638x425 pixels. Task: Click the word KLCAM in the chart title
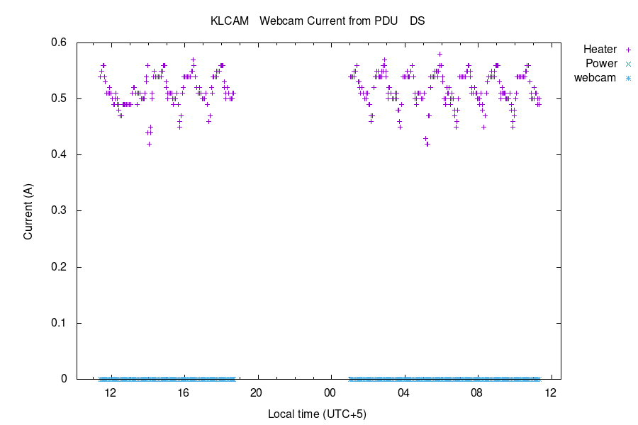(x=230, y=21)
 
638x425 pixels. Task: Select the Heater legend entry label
(x=600, y=50)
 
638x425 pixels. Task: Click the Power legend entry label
(x=601, y=64)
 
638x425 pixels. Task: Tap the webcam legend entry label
(x=595, y=78)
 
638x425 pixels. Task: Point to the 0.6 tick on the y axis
(x=58, y=42)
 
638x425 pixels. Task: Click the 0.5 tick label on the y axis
(x=58, y=98)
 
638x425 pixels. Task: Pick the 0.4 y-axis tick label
(x=58, y=154)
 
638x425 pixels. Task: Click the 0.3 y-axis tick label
(x=58, y=210)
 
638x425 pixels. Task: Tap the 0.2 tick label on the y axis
(x=58, y=267)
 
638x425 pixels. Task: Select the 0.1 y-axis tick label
(x=58, y=323)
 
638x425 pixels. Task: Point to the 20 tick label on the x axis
(x=257, y=392)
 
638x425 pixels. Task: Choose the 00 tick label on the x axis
(x=330, y=392)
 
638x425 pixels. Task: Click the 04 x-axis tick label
(x=404, y=392)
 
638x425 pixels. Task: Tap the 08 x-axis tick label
(x=477, y=392)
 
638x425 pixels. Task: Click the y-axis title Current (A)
(x=28, y=210)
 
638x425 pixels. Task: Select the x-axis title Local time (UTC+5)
(x=317, y=413)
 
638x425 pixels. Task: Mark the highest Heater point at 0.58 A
(x=440, y=54)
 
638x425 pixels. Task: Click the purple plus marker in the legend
(x=627, y=50)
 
